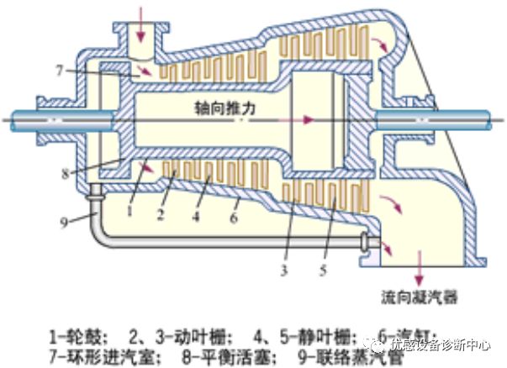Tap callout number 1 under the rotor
(133, 211)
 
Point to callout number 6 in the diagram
(235, 218)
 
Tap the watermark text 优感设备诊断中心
(441, 344)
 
